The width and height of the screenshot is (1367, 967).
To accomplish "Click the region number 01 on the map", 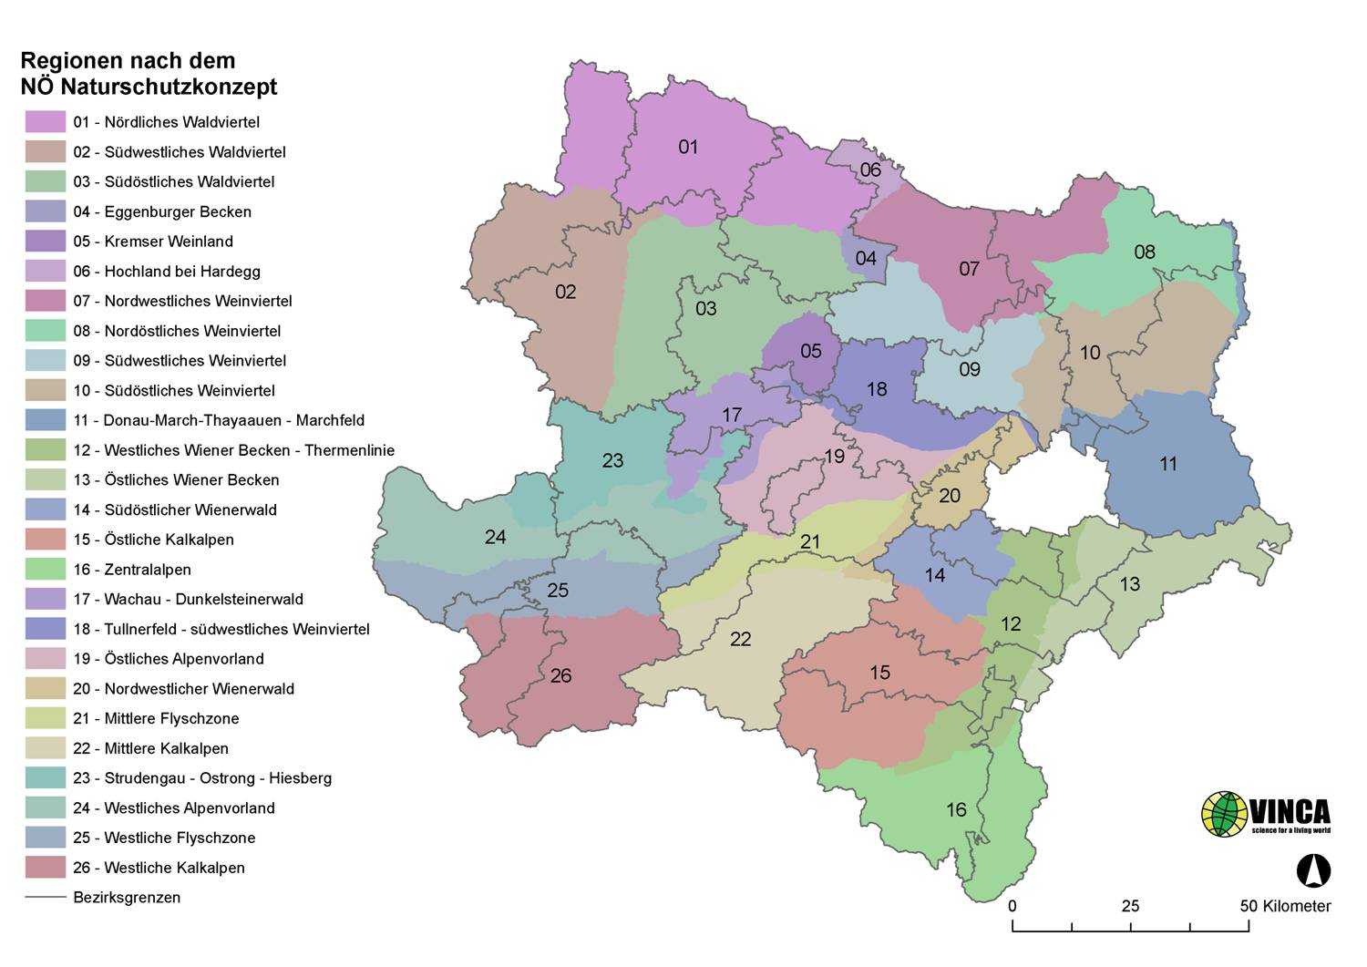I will pyautogui.click(x=688, y=147).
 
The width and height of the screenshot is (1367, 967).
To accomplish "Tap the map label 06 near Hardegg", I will pyautogui.click(x=870, y=170).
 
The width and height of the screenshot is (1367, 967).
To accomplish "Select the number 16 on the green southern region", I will pyautogui.click(x=956, y=809).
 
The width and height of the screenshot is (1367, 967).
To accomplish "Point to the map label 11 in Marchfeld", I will pyautogui.click(x=1168, y=464).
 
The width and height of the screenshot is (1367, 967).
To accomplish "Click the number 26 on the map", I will pyautogui.click(x=561, y=675).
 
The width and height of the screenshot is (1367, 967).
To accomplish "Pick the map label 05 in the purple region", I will pyautogui.click(x=811, y=351).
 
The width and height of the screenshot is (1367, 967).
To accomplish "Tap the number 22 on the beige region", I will pyautogui.click(x=741, y=639).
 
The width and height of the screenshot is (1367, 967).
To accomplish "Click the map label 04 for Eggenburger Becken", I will pyautogui.click(x=866, y=258).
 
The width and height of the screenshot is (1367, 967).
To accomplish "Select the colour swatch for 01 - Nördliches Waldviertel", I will pyautogui.click(x=46, y=122).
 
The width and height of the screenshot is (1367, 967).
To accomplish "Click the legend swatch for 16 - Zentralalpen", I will pyautogui.click(x=46, y=570).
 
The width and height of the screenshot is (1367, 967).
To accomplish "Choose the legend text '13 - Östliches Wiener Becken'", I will pyautogui.click(x=176, y=480).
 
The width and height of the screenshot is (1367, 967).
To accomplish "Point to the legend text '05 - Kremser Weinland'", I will pyautogui.click(x=153, y=242).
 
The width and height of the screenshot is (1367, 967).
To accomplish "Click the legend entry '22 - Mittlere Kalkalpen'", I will pyautogui.click(x=150, y=748).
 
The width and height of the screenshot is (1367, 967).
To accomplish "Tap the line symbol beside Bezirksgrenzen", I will pyautogui.click(x=46, y=898).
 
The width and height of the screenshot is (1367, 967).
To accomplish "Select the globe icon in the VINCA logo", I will pyautogui.click(x=1224, y=814).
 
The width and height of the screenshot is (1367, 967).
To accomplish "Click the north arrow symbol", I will pyautogui.click(x=1313, y=870).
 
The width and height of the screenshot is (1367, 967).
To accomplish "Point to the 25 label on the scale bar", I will pyautogui.click(x=1130, y=906).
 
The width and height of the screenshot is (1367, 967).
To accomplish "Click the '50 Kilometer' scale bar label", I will pyautogui.click(x=1285, y=906).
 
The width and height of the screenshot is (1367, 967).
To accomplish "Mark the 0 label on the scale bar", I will pyautogui.click(x=1012, y=906).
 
